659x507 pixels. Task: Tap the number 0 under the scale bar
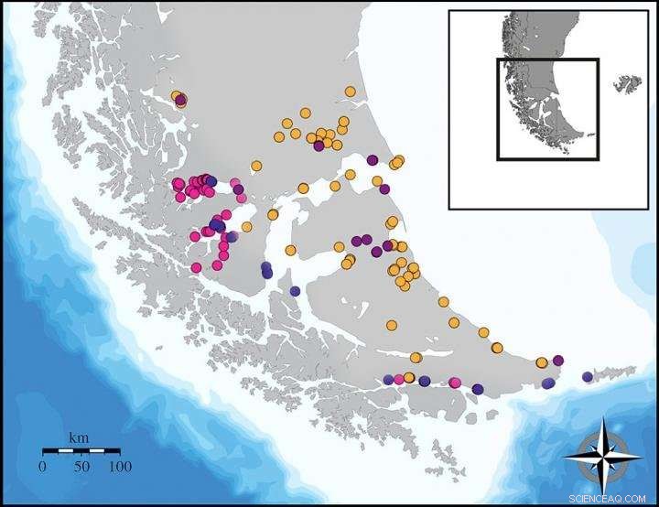(x=42, y=466)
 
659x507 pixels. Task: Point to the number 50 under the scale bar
(x=81, y=466)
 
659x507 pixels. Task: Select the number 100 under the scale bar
(x=119, y=466)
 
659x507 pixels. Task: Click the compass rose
(x=601, y=454)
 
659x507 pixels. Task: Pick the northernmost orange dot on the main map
(x=350, y=91)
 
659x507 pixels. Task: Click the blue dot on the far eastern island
(x=588, y=376)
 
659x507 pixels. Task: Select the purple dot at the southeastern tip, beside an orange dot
(x=557, y=360)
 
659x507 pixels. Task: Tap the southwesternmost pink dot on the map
(x=196, y=267)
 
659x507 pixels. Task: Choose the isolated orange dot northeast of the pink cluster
(x=256, y=166)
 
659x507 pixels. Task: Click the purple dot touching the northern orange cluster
(x=319, y=146)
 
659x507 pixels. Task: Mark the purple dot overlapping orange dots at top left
(x=181, y=100)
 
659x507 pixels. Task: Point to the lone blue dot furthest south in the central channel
(x=294, y=290)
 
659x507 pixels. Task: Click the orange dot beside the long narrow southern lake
(x=416, y=357)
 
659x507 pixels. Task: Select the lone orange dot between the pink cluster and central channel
(x=246, y=226)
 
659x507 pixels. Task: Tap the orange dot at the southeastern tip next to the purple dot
(x=542, y=361)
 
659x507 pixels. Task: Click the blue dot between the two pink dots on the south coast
(x=425, y=381)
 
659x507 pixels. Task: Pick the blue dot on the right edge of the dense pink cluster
(x=212, y=181)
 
